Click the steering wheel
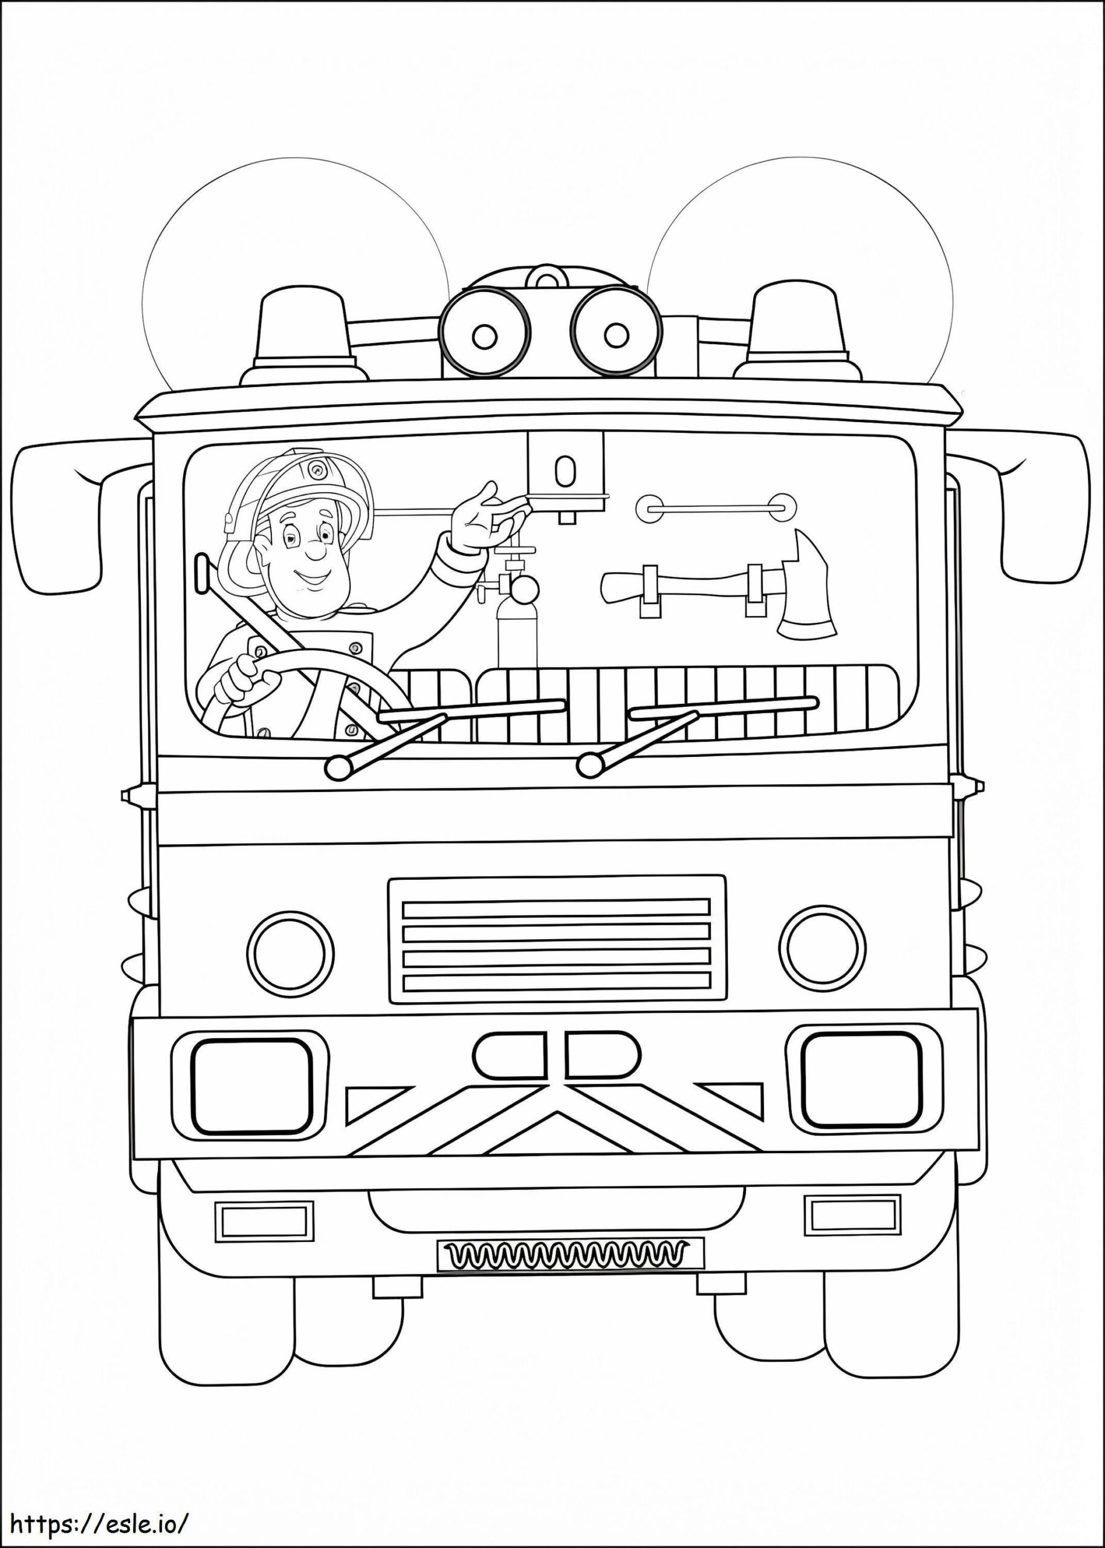299,688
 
